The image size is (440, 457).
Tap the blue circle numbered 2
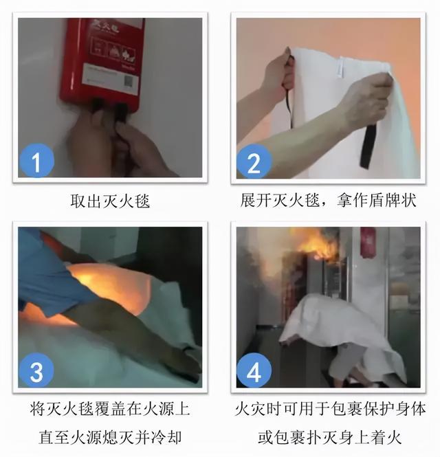[x=254, y=162]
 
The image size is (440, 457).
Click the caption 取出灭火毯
[x=110, y=201]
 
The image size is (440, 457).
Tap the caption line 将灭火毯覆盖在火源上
[x=110, y=410]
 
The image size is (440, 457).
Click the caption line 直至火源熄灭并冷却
[x=110, y=437]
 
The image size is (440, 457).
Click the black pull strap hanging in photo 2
[x=368, y=144]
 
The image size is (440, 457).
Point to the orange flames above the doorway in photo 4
[x=317, y=244]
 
